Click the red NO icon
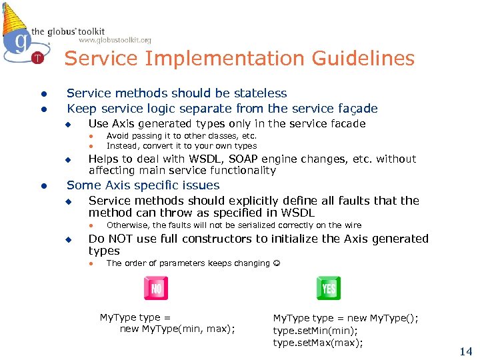(156, 289)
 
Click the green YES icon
(328, 289)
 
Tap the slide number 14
(465, 351)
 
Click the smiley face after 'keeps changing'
(277, 263)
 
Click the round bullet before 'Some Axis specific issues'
(42, 186)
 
